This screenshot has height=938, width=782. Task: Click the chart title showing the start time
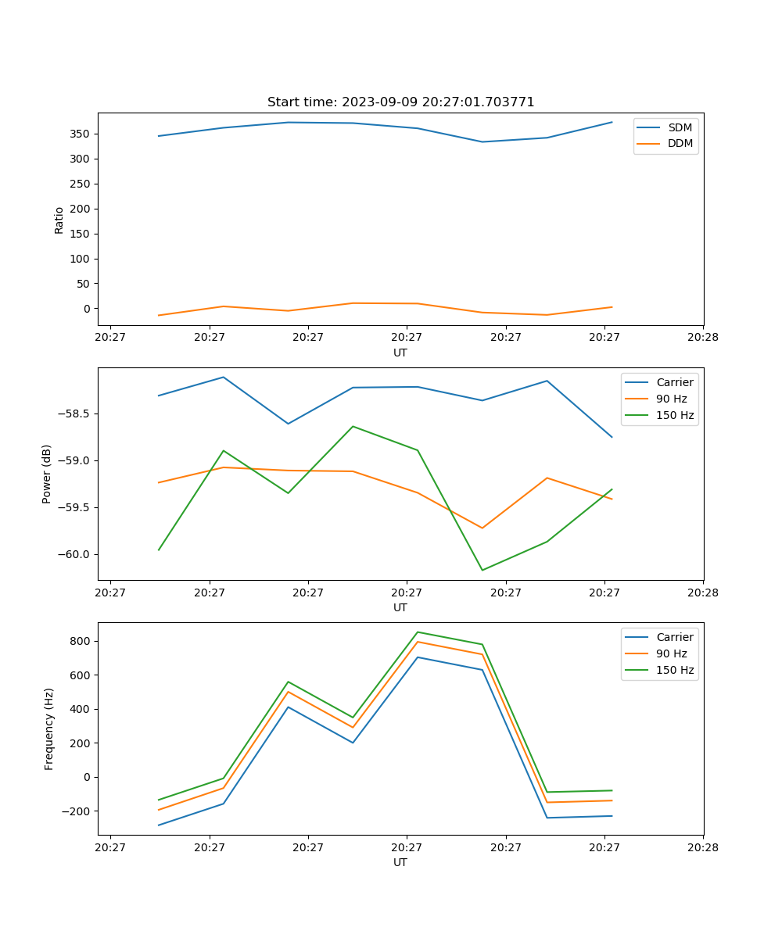tap(400, 102)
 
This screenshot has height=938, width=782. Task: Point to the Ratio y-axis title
tap(59, 220)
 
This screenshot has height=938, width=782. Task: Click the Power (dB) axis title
tap(47, 474)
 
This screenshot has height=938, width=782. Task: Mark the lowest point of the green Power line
tap(482, 570)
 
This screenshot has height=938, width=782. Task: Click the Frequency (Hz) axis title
tap(48, 729)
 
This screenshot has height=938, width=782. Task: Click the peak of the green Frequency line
tap(418, 632)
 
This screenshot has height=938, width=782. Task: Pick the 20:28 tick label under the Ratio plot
tap(702, 338)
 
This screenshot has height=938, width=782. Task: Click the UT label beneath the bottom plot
tap(400, 862)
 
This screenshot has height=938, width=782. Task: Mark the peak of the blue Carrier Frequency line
tap(418, 657)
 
